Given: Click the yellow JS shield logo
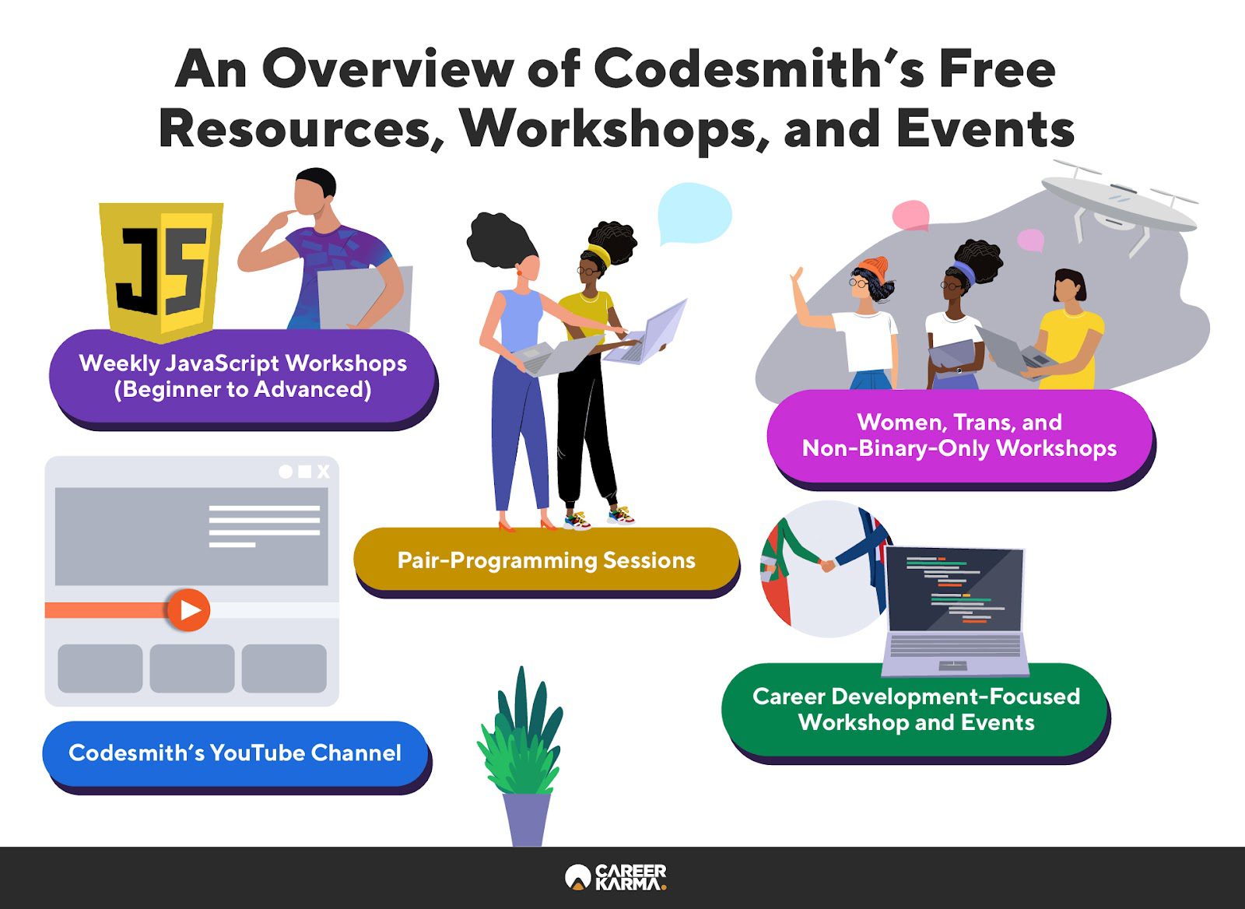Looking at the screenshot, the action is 161,272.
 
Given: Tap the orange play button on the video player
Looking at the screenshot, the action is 188,610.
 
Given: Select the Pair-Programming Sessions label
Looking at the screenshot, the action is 546,560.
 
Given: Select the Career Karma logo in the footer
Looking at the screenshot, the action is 615,877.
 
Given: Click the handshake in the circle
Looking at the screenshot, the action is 828,565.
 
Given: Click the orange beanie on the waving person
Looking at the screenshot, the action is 875,269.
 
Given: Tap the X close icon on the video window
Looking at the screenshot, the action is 323,472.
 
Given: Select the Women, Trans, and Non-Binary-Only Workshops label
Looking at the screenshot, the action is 959,435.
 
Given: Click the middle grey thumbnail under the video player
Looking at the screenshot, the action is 191,669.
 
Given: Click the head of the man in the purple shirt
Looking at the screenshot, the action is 314,191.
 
